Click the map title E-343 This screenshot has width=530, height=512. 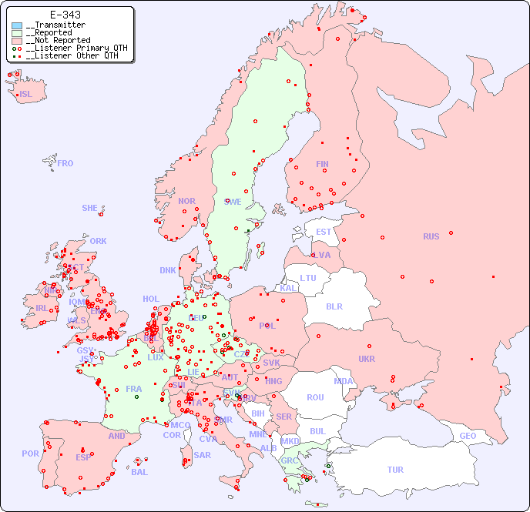click(x=65, y=15)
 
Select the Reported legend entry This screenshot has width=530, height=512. click(x=51, y=33)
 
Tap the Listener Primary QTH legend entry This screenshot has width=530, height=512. click(x=74, y=48)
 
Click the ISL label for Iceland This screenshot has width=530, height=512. click(x=26, y=95)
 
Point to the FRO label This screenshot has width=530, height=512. click(x=65, y=163)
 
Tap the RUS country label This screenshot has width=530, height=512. click(x=431, y=236)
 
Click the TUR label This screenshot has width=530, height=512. click(x=395, y=470)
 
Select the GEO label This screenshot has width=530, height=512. click(x=468, y=436)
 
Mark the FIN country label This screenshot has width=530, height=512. click(x=322, y=164)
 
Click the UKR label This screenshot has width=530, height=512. click(x=367, y=359)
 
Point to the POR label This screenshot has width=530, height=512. click(x=30, y=453)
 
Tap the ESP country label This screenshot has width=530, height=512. click(x=83, y=457)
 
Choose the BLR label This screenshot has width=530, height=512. click(x=334, y=306)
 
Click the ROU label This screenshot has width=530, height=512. click(x=315, y=397)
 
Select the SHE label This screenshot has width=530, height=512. click(x=90, y=208)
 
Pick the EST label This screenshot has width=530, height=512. click(x=324, y=232)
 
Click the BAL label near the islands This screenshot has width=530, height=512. click(x=139, y=472)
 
